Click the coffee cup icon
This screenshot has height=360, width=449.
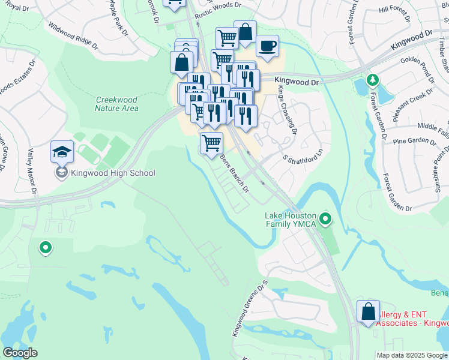point(267,46)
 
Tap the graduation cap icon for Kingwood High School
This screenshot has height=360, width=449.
point(62,152)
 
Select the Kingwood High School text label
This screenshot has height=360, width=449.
point(113,173)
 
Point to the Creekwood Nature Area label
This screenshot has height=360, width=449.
point(116,104)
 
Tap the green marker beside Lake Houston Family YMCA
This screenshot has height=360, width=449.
point(326,219)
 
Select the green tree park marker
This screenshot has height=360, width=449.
point(372,80)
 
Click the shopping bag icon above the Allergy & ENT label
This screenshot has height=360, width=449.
point(368,312)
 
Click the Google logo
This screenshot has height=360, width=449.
point(20,353)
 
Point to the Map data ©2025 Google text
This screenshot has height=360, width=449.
point(412,355)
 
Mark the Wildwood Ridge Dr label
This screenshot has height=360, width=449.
point(73,35)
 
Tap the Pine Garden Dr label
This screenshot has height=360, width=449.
point(413,142)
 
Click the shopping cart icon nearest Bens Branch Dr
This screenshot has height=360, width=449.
point(211,143)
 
